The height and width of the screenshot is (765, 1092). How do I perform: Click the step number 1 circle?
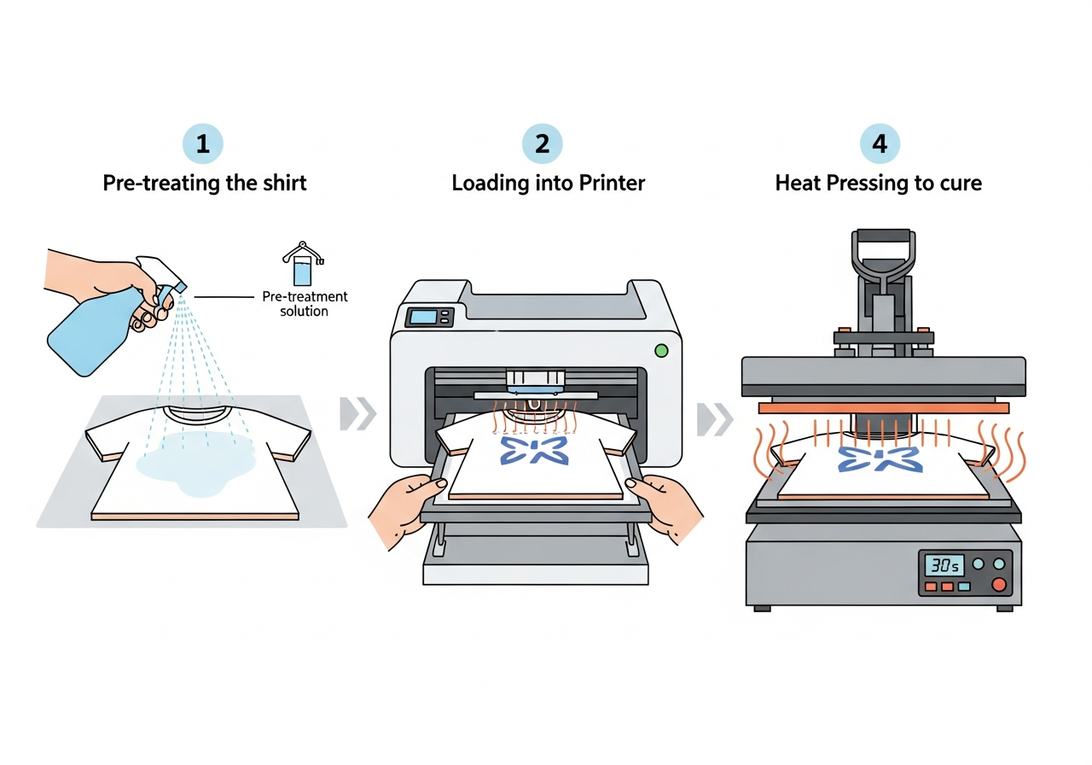[x=203, y=144]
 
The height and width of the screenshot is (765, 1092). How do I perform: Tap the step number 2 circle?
[x=542, y=144]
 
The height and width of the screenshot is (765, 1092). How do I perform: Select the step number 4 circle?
[x=880, y=144]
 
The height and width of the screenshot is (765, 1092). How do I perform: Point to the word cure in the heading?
[x=958, y=183]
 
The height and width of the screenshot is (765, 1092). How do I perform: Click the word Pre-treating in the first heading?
[x=156, y=183]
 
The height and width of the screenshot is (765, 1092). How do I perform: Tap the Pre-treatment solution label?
[x=305, y=304]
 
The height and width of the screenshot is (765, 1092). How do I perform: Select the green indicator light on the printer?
[x=660, y=349]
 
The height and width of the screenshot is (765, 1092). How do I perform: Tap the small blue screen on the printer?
[x=422, y=317]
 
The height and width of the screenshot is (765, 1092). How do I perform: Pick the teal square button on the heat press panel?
[x=964, y=587]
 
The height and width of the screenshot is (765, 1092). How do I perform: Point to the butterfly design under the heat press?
[x=879, y=458]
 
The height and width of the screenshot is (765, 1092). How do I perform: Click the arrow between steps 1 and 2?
[x=357, y=414]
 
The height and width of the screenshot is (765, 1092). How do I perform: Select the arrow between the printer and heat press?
[x=715, y=418]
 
